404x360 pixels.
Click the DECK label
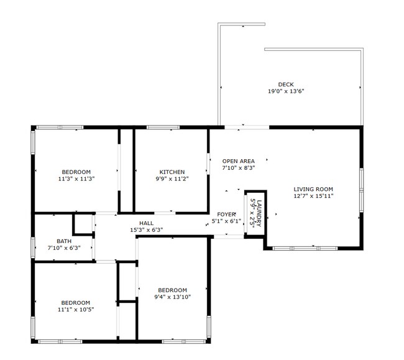click(x=286, y=85)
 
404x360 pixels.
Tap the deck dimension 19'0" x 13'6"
click(x=286, y=91)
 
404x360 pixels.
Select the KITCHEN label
click(x=172, y=172)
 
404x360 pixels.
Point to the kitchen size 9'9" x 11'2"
click(x=172, y=179)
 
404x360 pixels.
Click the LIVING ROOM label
click(x=314, y=189)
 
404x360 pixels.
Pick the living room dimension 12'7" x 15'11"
click(x=314, y=196)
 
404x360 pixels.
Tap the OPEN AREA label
click(x=239, y=161)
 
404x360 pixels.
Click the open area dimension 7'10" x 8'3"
click(x=239, y=168)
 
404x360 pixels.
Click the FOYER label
click(x=226, y=214)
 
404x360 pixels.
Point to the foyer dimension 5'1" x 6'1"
click(x=226, y=221)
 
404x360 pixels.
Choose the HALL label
click(x=146, y=223)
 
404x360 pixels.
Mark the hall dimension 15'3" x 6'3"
click(x=146, y=229)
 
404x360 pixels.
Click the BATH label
click(x=64, y=241)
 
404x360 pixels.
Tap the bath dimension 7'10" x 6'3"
click(x=64, y=248)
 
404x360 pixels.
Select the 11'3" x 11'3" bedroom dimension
click(x=76, y=179)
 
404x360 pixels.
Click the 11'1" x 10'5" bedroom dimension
click(x=76, y=310)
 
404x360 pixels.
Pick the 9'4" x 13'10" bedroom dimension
click(x=172, y=297)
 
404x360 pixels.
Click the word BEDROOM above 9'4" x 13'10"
click(x=172, y=290)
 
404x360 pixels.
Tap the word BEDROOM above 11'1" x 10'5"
click(x=76, y=303)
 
